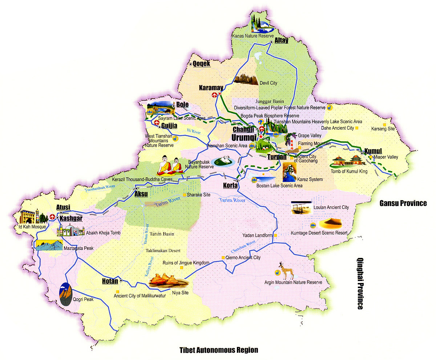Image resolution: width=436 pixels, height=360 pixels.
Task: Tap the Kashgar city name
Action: [71, 218]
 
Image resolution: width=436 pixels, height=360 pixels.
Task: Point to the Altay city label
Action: [281, 40]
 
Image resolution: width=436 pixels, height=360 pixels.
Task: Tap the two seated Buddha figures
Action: [170, 166]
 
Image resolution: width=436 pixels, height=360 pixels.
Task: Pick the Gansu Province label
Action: [403, 203]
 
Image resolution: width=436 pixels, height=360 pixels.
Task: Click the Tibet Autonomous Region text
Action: [218, 350]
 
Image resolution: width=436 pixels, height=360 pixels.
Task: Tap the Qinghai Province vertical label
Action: [360, 283]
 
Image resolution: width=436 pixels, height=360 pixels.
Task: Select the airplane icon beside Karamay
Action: [214, 95]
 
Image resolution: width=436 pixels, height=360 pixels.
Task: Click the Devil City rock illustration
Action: [246, 79]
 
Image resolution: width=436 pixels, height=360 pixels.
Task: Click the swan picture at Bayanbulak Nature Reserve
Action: [224, 161]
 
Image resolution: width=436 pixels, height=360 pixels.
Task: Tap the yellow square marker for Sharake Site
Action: [184, 195]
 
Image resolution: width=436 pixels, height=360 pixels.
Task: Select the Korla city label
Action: [230, 186]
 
